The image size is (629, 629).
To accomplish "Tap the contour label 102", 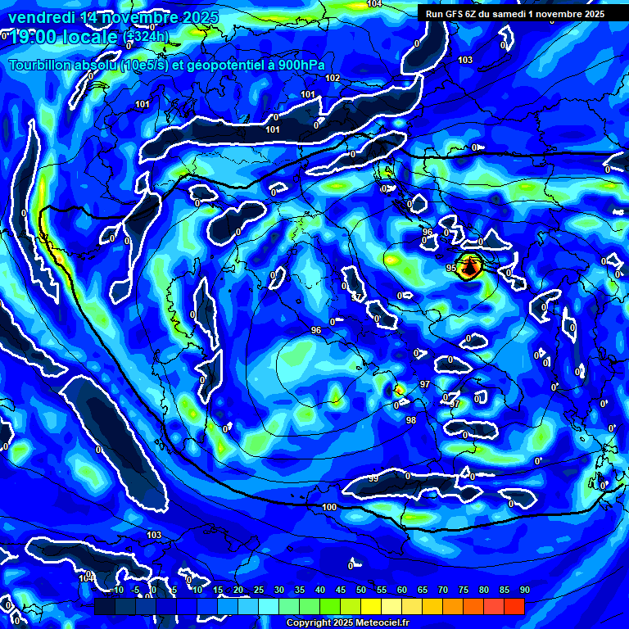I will tap(333, 79).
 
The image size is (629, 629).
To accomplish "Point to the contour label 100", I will tap(329, 508).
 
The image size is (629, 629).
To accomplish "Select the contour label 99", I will tap(373, 478).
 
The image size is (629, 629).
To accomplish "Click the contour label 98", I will tap(411, 420).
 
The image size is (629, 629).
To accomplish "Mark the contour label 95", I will tap(450, 268).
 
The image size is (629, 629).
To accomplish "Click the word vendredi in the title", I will tap(42, 17).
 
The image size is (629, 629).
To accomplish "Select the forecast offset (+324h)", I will tap(147, 37).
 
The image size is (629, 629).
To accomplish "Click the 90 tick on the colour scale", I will tap(524, 590).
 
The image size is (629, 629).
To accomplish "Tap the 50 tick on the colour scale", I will tap(361, 590).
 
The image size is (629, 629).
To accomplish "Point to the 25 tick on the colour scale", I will tap(259, 590).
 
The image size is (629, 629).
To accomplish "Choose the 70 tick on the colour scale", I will tap(443, 590).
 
